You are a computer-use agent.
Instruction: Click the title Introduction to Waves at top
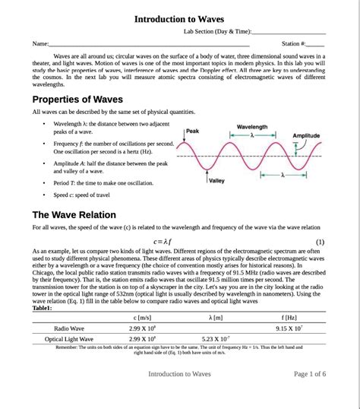click(179, 18)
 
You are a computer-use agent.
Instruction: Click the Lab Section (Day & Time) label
click(216, 31)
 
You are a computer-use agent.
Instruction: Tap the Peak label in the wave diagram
click(192, 131)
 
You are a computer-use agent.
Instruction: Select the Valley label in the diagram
click(216, 181)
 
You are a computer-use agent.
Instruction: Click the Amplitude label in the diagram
click(306, 135)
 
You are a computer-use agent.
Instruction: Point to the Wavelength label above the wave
click(252, 126)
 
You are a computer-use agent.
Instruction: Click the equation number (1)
click(320, 241)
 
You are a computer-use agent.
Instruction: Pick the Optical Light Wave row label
click(69, 339)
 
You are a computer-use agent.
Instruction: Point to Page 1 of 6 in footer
click(310, 374)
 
